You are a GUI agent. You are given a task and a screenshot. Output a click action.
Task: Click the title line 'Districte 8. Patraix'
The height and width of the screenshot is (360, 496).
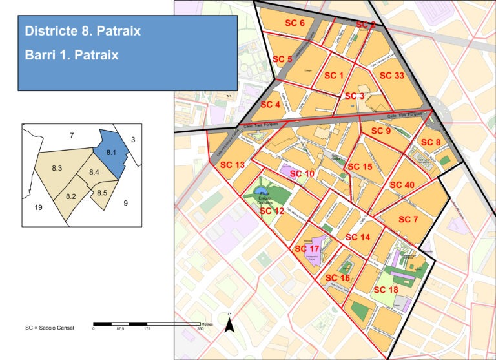coord(83,31)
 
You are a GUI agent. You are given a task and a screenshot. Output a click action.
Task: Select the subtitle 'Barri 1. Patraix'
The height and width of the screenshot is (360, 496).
coord(72,55)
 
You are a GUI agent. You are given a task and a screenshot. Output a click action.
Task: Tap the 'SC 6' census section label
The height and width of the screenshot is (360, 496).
coord(294,23)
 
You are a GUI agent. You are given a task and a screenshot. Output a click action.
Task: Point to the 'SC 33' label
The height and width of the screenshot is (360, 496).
coord(391,76)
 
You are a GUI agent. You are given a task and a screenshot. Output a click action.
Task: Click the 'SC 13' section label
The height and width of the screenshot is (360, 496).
coord(232,165)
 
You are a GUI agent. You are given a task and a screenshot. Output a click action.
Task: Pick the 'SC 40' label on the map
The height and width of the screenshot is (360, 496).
coord(402,185)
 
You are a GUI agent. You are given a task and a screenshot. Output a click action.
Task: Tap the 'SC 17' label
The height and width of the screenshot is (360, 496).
coord(307,249)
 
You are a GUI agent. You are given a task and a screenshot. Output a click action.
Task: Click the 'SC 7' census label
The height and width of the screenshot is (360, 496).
coord(408,220)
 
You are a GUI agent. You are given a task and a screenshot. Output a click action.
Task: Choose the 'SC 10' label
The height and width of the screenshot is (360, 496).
coord(302,174)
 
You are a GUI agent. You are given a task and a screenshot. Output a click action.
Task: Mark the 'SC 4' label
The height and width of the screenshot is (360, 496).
coord(270,105)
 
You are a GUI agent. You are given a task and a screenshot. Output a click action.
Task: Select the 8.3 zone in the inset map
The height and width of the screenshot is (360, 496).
coord(56,169)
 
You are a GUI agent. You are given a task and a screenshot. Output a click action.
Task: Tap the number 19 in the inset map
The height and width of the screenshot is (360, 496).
coord(37,207)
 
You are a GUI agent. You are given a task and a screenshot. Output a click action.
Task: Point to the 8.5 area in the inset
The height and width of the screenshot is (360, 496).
coord(102,193)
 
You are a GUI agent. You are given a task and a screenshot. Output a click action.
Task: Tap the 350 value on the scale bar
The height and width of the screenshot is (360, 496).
coord(200,328)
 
